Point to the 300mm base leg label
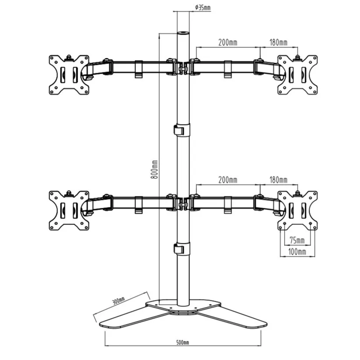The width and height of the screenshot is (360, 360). [x=119, y=301]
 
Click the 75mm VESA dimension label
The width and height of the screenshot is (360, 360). [x=297, y=240]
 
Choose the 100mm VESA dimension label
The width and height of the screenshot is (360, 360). [x=298, y=251]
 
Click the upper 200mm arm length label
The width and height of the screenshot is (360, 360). [x=228, y=43]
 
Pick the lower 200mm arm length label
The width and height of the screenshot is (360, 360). [x=228, y=179]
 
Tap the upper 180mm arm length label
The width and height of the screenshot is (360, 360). [x=278, y=43]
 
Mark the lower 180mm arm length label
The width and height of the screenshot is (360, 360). [x=278, y=179]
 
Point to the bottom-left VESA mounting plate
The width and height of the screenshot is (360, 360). [x=69, y=210]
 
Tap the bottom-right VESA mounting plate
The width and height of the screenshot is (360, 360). [x=298, y=210]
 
